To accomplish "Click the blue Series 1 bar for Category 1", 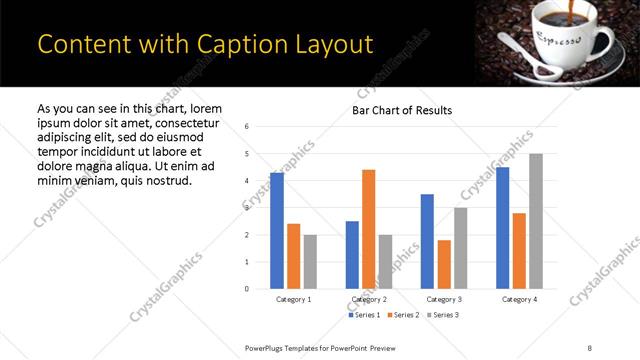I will (x=277, y=231).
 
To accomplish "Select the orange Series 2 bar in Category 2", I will (x=368, y=229).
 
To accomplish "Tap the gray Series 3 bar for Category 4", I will (x=535, y=221).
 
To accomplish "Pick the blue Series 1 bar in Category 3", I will (x=427, y=241).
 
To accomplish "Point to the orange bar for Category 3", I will (x=444, y=264).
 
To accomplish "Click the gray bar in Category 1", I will (x=310, y=262).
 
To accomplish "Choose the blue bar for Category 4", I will (x=502, y=228).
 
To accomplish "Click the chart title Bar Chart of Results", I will (x=402, y=110).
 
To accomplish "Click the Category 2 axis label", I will (x=369, y=299).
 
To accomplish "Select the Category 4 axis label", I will (x=519, y=299).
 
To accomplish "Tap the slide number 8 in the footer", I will (x=589, y=347).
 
